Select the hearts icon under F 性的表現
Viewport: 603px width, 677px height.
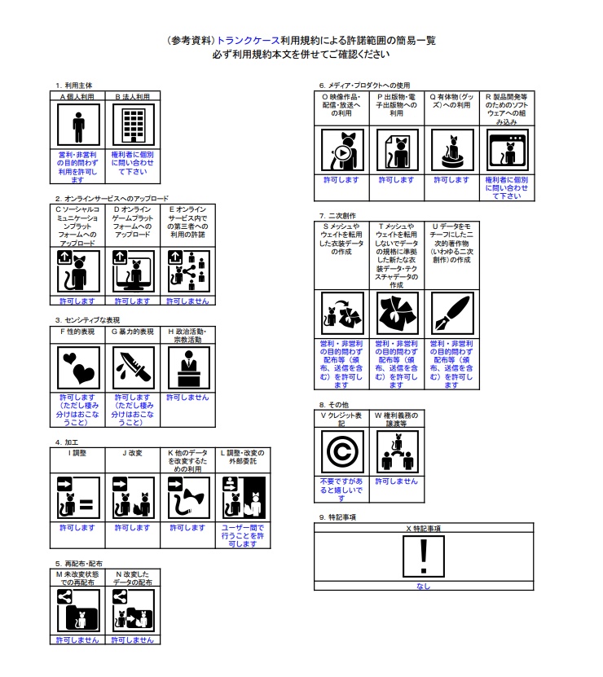tap(77, 369)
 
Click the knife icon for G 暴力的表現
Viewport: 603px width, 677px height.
tap(132, 369)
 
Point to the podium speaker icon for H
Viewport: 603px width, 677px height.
tap(187, 369)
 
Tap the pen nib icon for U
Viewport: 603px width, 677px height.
tap(451, 313)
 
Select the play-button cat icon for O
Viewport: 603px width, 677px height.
tap(341, 150)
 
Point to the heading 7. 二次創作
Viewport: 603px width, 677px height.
tap(338, 215)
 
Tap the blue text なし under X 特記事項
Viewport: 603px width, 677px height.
tap(423, 586)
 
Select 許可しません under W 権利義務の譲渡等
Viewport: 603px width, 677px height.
tap(396, 481)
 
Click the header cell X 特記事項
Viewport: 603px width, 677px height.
tap(423, 528)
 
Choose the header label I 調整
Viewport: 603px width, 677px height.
tap(77, 452)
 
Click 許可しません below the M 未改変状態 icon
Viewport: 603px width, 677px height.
tap(77, 640)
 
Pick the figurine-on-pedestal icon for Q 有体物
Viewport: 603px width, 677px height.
tap(451, 150)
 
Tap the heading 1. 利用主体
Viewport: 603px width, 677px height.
tap(75, 85)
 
